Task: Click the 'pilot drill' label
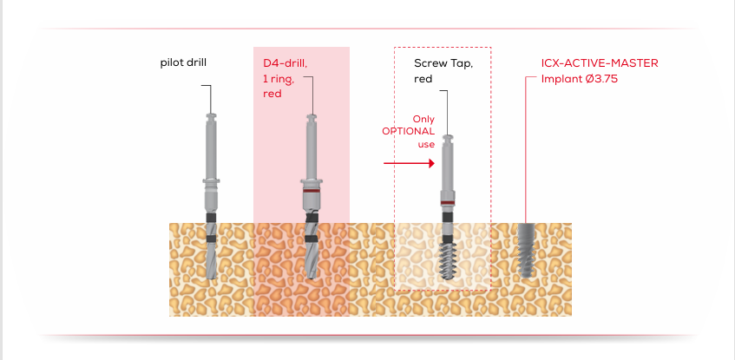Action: click(x=183, y=62)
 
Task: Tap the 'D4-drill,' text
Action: click(x=285, y=63)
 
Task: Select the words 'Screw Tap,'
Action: click(x=443, y=63)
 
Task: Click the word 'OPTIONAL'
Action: click(x=409, y=131)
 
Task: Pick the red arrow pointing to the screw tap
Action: click(x=409, y=162)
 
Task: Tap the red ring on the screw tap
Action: click(x=447, y=203)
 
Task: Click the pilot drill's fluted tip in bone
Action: click(x=211, y=258)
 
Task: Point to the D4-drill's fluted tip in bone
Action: click(x=311, y=258)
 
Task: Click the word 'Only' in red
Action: click(x=423, y=118)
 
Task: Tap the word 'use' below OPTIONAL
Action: click(x=426, y=144)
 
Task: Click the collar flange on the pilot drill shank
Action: click(x=211, y=181)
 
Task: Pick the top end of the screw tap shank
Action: click(x=447, y=137)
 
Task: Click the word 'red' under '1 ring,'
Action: click(x=272, y=93)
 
